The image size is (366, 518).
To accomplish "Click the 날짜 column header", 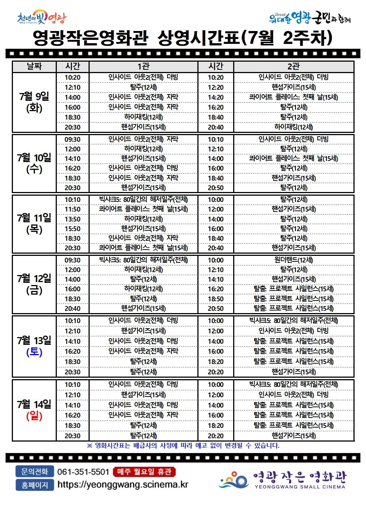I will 34,66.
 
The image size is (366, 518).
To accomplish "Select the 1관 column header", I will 143,66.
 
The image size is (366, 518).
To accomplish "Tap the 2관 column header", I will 293,66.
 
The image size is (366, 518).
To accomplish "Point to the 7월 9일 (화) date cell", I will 34,102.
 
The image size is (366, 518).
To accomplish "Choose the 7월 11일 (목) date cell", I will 34,224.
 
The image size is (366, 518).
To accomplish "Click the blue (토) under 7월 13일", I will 34,352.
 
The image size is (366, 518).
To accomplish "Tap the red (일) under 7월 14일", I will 34,416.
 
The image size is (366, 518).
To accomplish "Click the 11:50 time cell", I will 72,209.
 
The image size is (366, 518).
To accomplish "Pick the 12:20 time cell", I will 215,88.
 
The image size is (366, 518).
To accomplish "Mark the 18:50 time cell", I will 215,299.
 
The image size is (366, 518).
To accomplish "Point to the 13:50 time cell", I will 72,219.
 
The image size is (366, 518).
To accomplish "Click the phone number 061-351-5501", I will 83,472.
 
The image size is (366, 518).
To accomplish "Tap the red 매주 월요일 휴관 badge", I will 144,472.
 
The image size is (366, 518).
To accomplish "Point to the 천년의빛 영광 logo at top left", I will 42,18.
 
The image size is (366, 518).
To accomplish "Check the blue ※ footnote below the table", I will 183,446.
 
